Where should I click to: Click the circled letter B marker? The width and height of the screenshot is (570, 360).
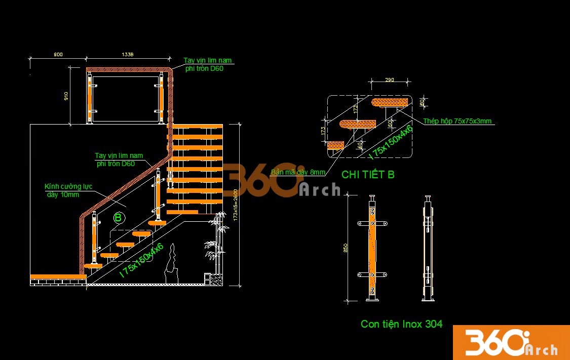(118, 218)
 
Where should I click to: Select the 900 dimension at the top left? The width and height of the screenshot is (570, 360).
(58, 54)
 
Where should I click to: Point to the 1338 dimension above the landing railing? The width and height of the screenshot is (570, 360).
(127, 54)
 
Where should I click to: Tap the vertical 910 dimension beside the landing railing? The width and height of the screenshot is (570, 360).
(66, 96)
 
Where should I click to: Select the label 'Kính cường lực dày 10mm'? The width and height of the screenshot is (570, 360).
(68, 190)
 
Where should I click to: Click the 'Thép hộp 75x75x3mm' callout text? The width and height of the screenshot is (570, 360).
(458, 122)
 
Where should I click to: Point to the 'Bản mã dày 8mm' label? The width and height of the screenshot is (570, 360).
(298, 172)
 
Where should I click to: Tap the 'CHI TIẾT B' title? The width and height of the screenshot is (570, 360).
(368, 175)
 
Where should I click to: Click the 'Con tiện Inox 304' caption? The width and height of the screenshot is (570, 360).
(401, 324)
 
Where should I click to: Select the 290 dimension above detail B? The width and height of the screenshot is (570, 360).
(389, 79)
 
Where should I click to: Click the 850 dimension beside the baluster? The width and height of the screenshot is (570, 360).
(346, 248)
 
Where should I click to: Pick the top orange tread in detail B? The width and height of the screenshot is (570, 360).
(391, 103)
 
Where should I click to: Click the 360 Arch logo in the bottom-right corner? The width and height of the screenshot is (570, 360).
(511, 343)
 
